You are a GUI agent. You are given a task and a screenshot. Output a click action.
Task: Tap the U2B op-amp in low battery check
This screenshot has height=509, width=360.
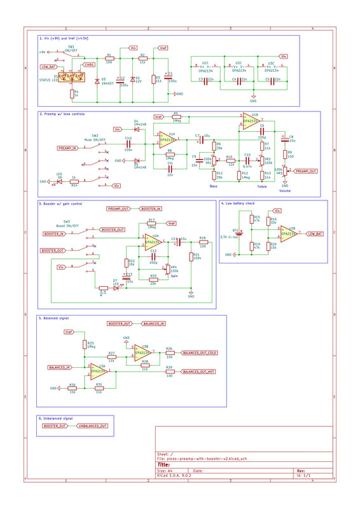point(288,234)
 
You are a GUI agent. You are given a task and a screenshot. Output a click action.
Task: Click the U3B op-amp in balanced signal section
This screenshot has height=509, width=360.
point(141,352)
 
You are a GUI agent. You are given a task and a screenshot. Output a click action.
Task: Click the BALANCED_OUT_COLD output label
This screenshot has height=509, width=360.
point(200,352)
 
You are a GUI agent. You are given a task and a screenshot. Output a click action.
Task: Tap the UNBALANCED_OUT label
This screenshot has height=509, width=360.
point(92,425)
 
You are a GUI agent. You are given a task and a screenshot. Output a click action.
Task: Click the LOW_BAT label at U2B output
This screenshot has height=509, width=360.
point(314,234)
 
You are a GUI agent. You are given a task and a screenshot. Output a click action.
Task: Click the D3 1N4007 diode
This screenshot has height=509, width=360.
point(96,80)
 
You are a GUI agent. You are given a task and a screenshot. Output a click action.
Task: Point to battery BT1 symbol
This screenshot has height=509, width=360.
point(241,233)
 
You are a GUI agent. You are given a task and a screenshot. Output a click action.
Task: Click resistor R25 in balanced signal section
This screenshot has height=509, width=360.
point(85,344)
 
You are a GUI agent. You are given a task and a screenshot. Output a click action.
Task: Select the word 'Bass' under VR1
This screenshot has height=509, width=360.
point(214,186)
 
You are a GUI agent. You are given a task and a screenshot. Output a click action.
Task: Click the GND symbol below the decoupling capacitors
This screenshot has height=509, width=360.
point(253,99)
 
